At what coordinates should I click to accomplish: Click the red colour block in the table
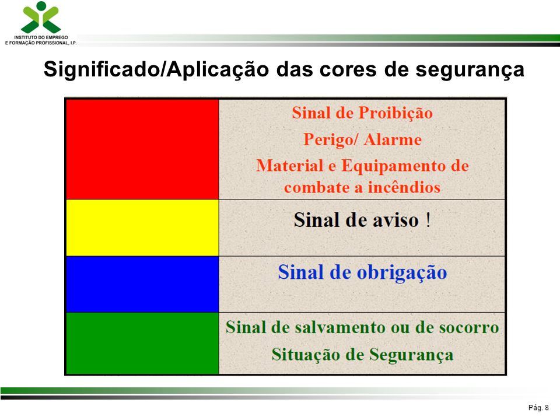coord(142,149)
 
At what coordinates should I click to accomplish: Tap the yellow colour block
coord(142,228)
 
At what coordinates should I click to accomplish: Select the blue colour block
coord(142,284)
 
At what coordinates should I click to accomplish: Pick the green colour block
coord(142,343)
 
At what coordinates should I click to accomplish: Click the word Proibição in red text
coord(395,113)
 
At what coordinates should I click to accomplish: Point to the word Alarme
coord(393,139)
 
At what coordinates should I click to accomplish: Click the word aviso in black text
coord(395,220)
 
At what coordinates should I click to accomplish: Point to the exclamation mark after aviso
coord(428,220)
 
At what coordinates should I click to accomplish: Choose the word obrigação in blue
coord(402,273)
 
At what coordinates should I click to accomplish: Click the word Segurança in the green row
coord(411,355)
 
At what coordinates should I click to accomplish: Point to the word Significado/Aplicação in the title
coord(156,69)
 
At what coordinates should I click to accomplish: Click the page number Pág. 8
coord(538,408)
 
